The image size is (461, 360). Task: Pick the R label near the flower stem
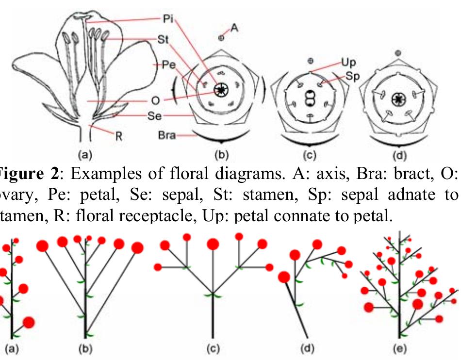pos(117,136)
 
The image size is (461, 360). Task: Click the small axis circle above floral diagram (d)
pos(398,52)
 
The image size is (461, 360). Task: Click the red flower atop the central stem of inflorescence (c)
pos(212,245)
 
